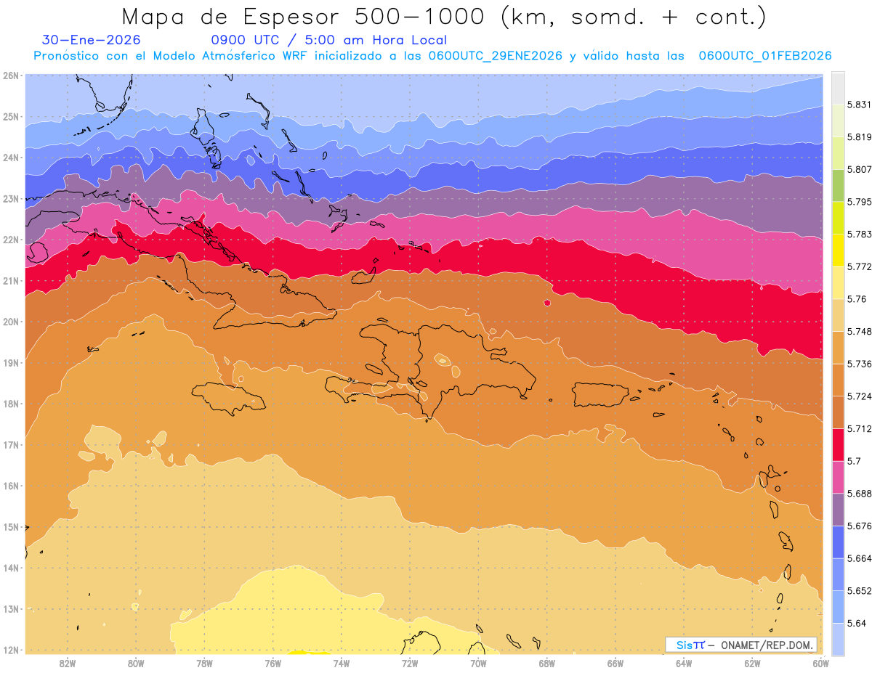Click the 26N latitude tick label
point(10,76)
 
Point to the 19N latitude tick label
point(10,363)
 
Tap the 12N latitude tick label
point(10,650)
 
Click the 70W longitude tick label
point(478,663)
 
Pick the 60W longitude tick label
point(820,663)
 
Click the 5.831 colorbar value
point(858,105)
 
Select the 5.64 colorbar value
point(856,623)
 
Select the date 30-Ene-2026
point(92,40)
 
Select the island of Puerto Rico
point(600,394)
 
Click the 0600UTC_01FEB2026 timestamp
point(765,56)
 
